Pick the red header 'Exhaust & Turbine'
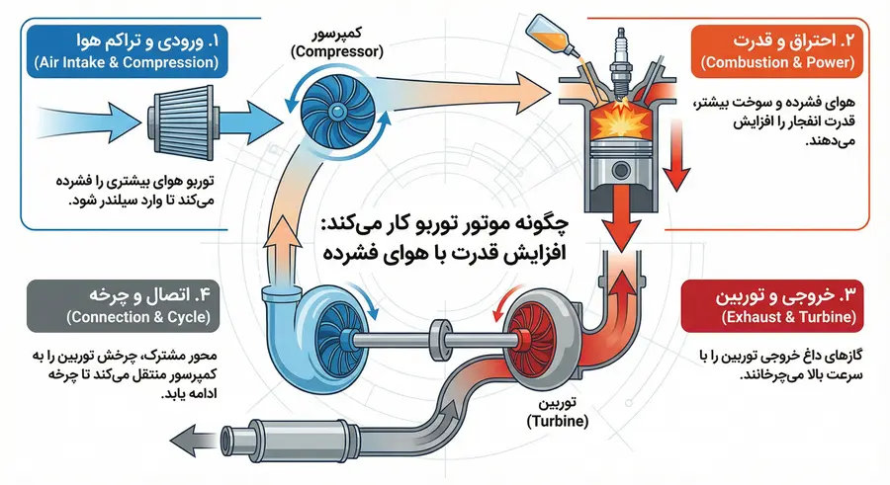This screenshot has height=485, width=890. tap(772, 305)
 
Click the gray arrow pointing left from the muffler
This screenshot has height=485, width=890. tap(194, 438)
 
